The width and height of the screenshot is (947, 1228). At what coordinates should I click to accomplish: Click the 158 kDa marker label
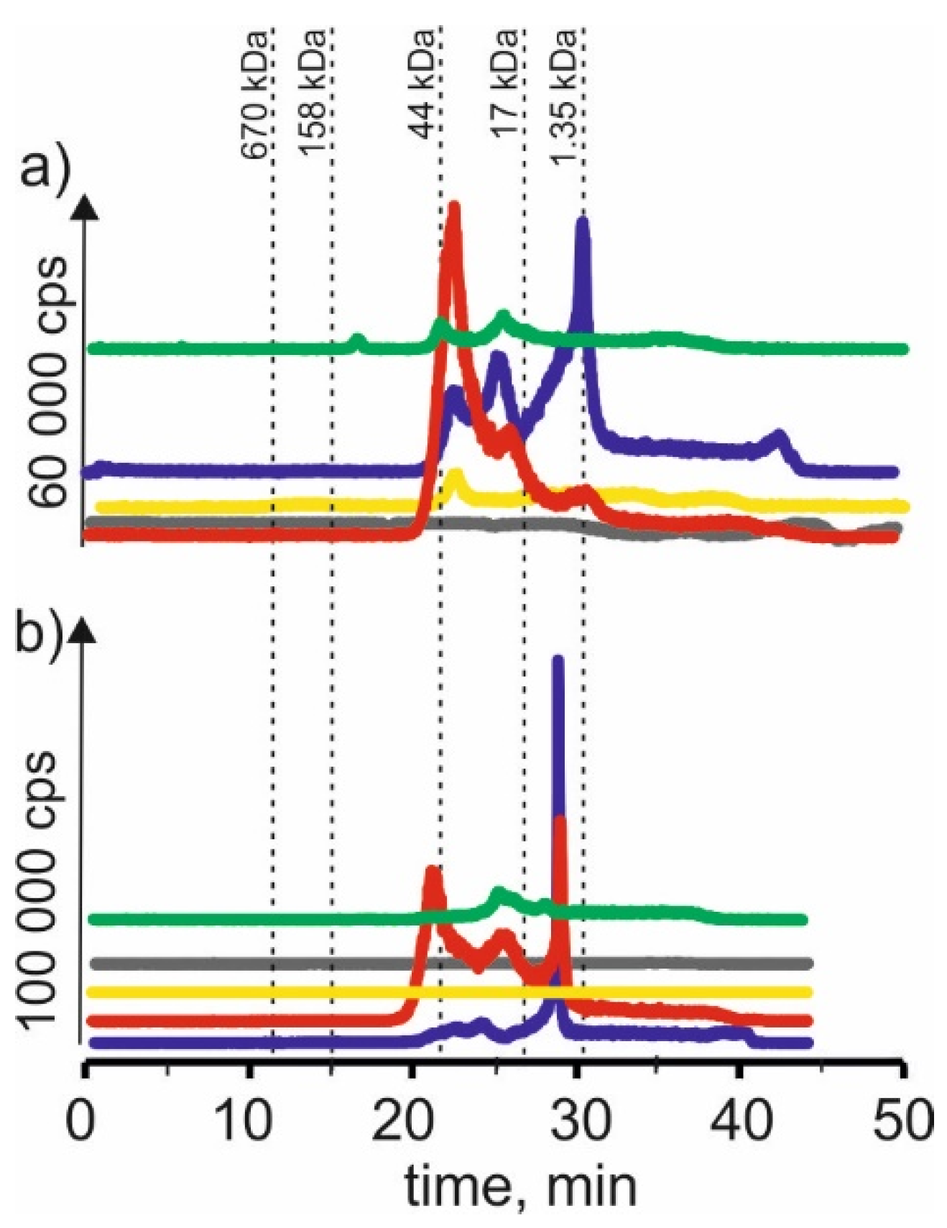[315, 93]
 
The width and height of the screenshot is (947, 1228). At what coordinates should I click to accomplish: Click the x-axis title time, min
[521, 1186]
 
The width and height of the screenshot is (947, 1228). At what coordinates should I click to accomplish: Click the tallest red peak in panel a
[453, 208]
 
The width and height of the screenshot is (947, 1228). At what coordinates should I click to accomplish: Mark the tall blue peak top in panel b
[558, 659]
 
